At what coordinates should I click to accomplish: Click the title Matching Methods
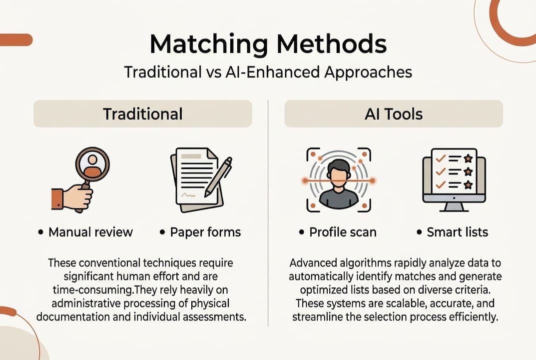[268, 44]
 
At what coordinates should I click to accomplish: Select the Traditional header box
[143, 114]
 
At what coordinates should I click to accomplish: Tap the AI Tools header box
[394, 114]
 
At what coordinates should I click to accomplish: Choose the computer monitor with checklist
[454, 178]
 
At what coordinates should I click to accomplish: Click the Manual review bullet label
[90, 232]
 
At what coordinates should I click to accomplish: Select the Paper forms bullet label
[205, 232]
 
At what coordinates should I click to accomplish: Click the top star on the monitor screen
[468, 158]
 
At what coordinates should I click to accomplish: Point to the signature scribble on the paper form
[189, 194]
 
